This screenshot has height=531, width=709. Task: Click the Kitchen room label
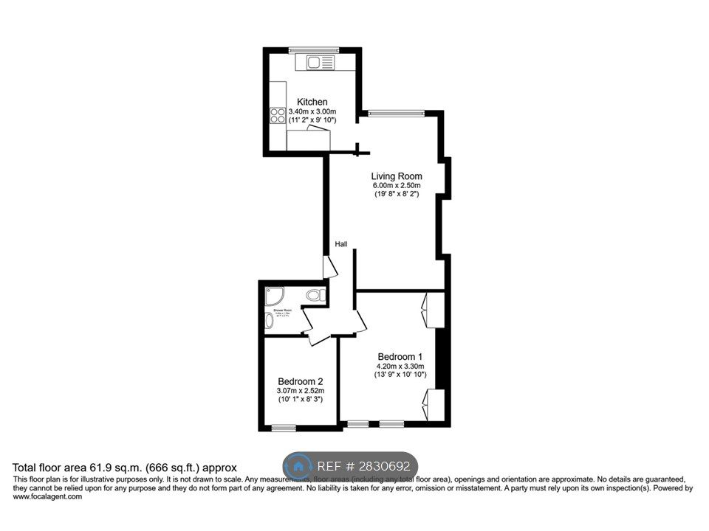point(312,102)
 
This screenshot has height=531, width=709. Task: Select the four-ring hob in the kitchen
point(278,115)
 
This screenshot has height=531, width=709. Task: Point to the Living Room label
point(397,176)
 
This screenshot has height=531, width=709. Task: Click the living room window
point(397,113)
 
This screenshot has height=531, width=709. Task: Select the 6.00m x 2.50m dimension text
point(397,186)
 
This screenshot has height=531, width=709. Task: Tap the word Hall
point(341,245)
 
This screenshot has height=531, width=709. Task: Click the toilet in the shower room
point(315,296)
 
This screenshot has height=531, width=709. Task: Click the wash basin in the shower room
point(268,322)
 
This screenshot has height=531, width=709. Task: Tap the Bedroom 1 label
point(400,356)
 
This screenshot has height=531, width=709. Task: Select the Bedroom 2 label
point(300,381)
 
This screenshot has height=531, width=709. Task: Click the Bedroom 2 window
point(283,428)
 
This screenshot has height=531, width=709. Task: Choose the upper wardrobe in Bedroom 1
point(432,310)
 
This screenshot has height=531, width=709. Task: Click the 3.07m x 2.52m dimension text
point(301,391)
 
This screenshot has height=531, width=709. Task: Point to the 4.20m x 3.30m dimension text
point(400,366)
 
